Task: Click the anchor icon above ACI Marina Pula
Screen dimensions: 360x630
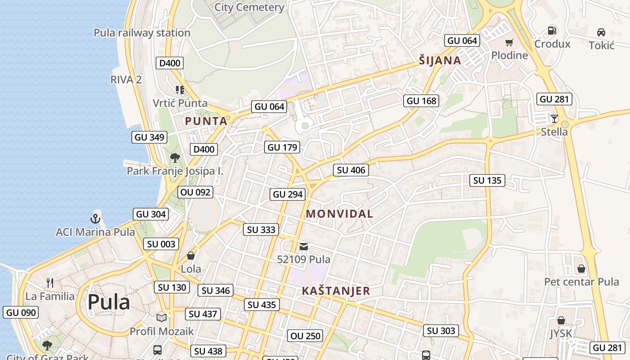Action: (95, 219)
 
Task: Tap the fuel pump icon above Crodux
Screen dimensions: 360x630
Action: (552, 31)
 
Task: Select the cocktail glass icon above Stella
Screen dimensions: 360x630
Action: (554, 119)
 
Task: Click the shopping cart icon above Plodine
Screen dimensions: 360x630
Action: (509, 43)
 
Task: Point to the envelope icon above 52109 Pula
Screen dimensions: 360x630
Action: (304, 246)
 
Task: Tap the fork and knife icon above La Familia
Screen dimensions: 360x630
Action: (50, 283)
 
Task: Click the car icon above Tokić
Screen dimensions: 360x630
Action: (601, 32)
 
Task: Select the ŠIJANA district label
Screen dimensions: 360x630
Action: (440, 61)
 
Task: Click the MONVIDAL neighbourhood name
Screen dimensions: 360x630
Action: (339, 214)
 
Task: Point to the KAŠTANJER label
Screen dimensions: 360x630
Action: (336, 291)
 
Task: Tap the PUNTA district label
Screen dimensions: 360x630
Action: (206, 121)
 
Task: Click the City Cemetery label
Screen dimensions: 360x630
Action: (249, 7)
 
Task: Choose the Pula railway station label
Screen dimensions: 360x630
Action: (142, 33)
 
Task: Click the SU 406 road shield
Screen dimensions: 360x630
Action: (351, 170)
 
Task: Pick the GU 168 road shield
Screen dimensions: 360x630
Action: (421, 101)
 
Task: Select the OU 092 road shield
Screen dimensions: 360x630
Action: (195, 192)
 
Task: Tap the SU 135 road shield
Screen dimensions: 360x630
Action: (487, 181)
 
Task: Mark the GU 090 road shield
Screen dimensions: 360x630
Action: (21, 312)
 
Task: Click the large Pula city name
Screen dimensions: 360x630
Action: (108, 302)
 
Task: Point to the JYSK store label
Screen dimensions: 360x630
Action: (561, 333)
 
